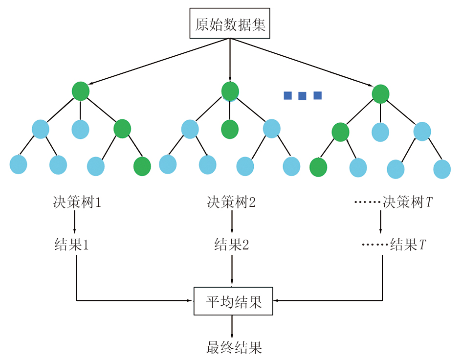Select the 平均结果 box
coord(233,301)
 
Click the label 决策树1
coord(77,202)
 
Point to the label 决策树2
coord(231,202)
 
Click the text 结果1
coord(71,245)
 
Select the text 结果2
coord(231,245)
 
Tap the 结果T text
coord(408,245)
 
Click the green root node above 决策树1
coord(81,91)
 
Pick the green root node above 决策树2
coord(230,91)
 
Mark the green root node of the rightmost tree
coord(380,93)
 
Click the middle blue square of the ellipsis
coord(302,96)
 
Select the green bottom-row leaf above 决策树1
coord(142,166)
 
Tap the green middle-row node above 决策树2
coord(230,130)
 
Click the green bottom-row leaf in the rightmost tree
coord(318,167)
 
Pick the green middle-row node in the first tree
coord(122,129)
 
